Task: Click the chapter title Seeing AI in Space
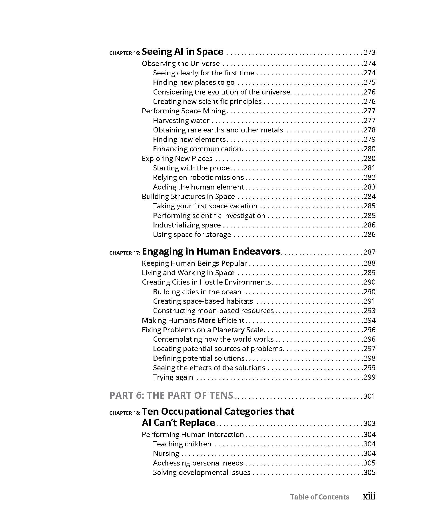point(182,52)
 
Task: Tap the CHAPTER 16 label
point(125,53)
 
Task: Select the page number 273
point(369,52)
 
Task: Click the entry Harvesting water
point(181,120)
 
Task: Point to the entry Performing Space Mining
point(184,111)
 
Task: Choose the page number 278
point(369,130)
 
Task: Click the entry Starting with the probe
point(191,168)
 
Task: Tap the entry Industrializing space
point(187,225)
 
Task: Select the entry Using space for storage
point(192,234)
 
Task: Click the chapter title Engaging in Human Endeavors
point(211,251)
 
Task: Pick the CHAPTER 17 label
point(125,253)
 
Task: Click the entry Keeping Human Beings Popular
point(194,263)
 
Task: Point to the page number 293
point(369,311)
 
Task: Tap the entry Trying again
point(173,377)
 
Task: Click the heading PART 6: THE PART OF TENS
point(171,395)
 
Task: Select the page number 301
point(369,396)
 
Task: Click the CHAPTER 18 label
point(125,413)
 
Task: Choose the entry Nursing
point(166,453)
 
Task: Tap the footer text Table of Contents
point(319,497)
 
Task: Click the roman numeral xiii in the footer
point(369,496)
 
